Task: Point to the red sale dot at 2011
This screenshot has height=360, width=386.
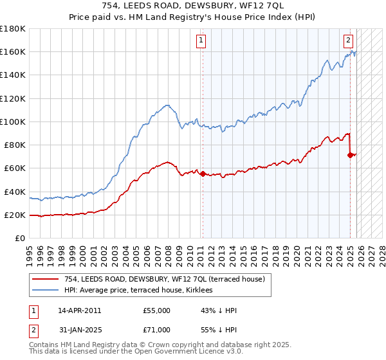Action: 203,174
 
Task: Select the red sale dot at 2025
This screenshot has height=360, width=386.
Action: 350,155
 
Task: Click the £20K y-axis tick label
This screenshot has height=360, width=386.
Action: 15,215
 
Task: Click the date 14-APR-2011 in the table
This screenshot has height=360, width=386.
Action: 79,310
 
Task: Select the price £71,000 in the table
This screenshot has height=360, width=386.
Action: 157,330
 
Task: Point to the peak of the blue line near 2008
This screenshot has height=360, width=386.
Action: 167,105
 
